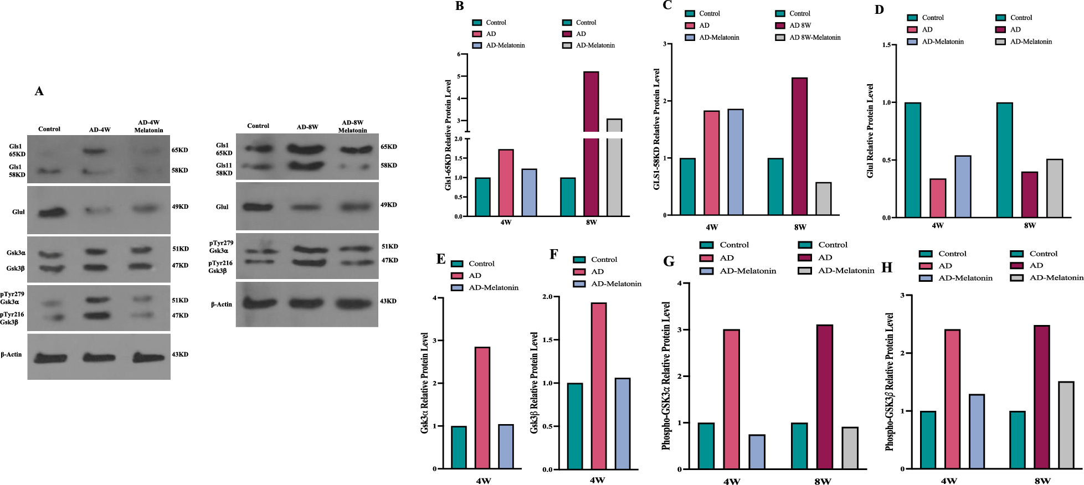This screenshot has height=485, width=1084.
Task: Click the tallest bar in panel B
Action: (x=591, y=143)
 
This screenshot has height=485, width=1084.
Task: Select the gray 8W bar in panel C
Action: (x=823, y=199)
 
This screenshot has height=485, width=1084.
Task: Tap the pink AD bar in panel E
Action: (x=482, y=408)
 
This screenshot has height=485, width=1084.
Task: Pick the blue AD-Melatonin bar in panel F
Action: (x=622, y=424)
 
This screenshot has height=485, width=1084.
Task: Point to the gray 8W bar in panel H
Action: (x=1066, y=425)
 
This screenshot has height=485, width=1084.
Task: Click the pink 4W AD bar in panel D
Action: (x=938, y=198)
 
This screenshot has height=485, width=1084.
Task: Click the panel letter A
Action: (x=39, y=91)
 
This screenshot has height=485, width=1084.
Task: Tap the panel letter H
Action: (x=887, y=267)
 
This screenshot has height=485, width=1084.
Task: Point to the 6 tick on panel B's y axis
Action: (x=459, y=54)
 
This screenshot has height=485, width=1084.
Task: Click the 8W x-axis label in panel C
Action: (x=800, y=227)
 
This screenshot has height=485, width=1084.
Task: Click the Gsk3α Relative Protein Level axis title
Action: (x=425, y=383)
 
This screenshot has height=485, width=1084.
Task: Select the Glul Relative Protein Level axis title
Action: (x=870, y=131)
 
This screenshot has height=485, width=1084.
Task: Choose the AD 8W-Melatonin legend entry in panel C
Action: (x=808, y=38)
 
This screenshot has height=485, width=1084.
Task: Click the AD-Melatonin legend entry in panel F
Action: (x=607, y=283)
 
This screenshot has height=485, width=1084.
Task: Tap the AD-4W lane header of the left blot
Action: (x=100, y=130)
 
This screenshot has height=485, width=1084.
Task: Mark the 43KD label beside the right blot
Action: (x=388, y=301)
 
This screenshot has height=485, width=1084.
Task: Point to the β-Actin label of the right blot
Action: (x=222, y=305)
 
